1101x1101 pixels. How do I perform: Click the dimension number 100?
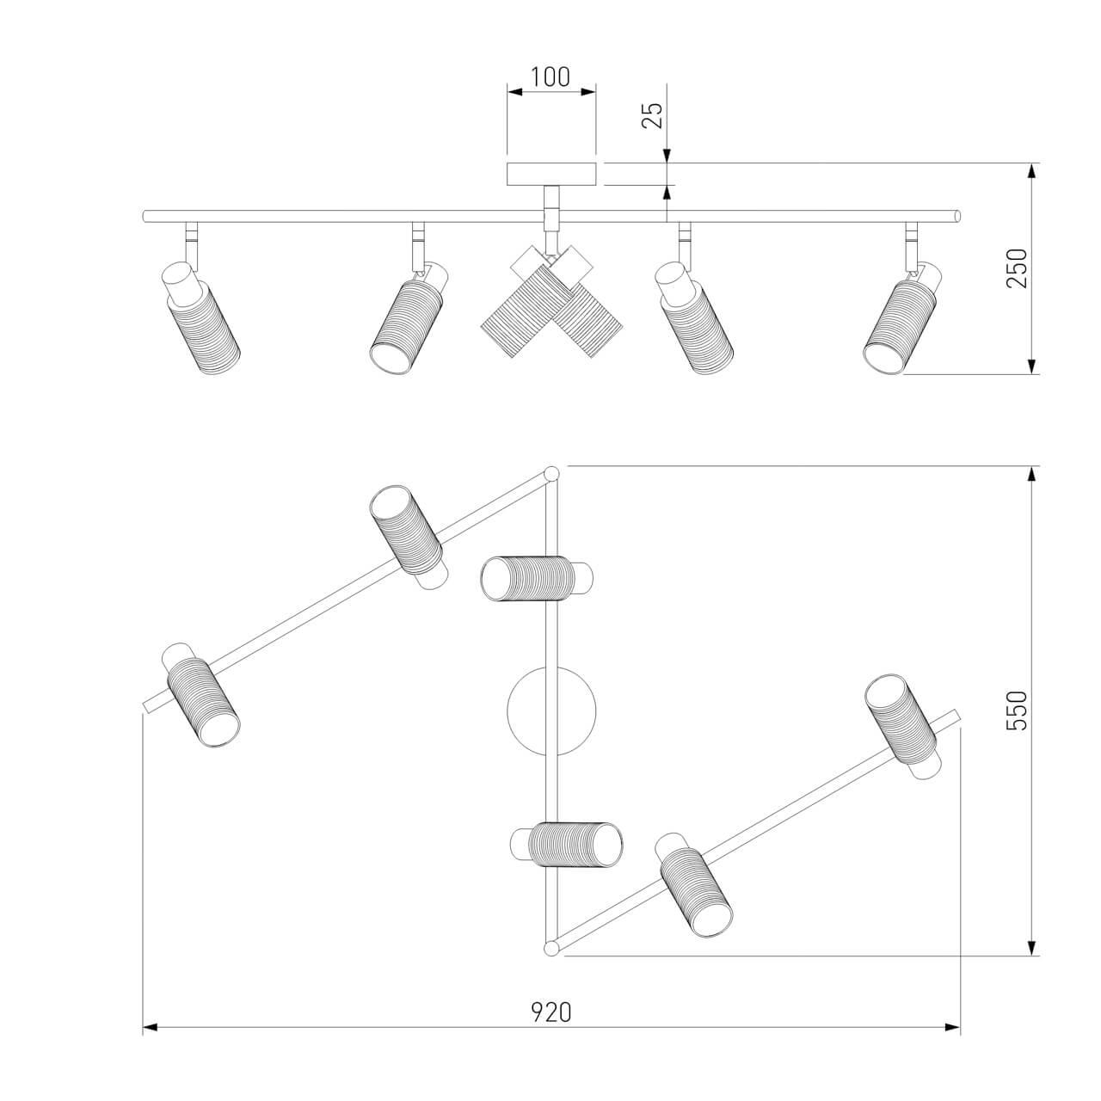point(550,77)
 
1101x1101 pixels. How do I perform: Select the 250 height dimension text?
point(1017,268)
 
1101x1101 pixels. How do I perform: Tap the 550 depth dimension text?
point(1017,710)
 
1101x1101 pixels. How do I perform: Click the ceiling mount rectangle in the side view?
point(551,175)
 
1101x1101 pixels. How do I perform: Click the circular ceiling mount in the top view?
point(551,711)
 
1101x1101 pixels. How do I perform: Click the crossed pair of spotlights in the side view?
point(551,302)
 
